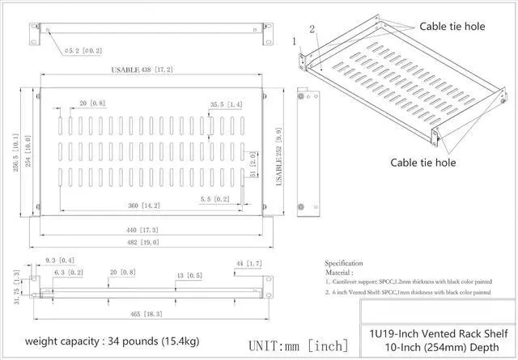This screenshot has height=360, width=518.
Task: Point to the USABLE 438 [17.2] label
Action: tap(142, 70)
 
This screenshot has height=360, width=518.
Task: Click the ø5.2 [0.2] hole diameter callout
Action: tap(84, 50)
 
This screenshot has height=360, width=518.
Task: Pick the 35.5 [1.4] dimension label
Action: tap(226, 104)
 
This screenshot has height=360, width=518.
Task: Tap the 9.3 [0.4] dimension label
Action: tap(61, 260)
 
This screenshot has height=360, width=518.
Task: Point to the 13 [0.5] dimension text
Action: tap(189, 276)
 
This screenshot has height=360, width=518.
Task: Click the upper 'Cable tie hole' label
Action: tap(452, 27)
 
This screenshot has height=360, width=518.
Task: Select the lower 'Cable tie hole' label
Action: tap(423, 163)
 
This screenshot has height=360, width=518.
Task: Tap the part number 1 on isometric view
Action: tap(295, 40)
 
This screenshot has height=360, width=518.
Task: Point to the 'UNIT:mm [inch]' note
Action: tap(299, 345)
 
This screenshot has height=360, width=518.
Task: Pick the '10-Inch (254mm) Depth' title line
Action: tap(439, 349)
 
